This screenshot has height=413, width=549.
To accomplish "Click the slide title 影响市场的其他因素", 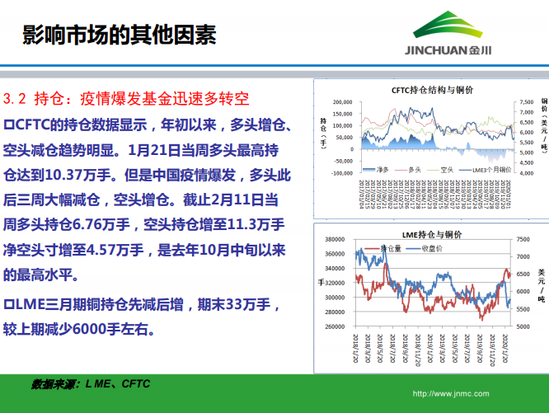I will [119, 34].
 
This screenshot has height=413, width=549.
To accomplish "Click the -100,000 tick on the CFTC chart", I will [340, 173].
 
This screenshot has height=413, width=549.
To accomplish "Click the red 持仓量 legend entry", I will [394, 247].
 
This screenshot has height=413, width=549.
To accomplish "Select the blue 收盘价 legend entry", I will [434, 247].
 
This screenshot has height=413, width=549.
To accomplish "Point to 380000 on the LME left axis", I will [334, 240].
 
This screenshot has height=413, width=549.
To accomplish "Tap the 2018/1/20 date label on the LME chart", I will [356, 349].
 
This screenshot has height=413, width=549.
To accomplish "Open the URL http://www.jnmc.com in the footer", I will [450, 394].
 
